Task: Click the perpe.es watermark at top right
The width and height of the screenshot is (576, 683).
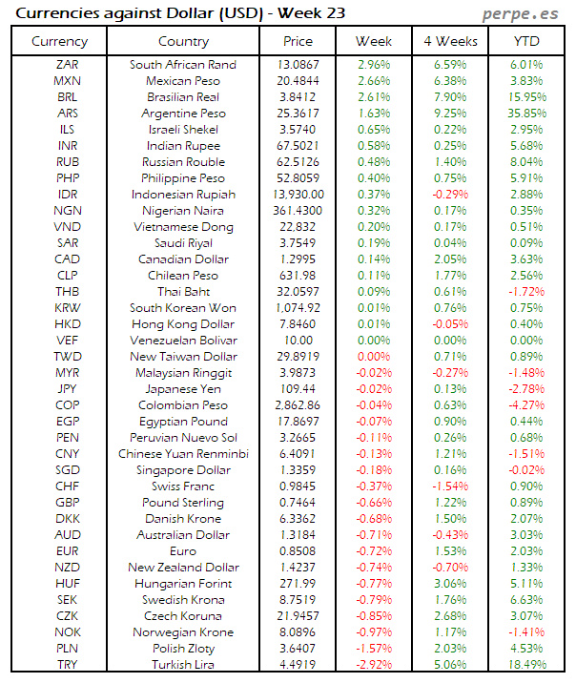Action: [522, 13]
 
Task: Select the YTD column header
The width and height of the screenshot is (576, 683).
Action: [525, 41]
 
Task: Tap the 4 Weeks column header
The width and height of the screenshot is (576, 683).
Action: [449, 41]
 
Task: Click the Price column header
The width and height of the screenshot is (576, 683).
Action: [298, 41]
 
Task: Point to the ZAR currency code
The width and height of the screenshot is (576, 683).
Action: [68, 65]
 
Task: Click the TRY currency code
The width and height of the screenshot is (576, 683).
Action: [68, 665]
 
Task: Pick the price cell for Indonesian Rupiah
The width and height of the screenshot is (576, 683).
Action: [298, 195]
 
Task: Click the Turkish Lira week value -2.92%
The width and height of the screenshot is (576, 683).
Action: [373, 665]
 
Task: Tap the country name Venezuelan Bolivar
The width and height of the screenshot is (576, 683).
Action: [183, 341]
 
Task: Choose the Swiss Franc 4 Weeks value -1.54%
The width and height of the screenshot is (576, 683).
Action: [449, 486]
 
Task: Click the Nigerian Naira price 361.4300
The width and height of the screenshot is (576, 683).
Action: [298, 211]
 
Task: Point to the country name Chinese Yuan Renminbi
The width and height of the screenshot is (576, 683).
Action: [183, 454]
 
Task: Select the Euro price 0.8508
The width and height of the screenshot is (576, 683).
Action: [298, 551]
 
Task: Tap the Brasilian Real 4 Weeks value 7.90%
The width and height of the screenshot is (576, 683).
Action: [449, 97]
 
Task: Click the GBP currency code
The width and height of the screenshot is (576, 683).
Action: [68, 503]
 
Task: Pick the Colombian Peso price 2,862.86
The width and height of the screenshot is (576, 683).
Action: [298, 405]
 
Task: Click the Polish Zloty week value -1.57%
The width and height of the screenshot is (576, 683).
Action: [373, 649]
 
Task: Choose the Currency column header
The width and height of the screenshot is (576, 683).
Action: [59, 41]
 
